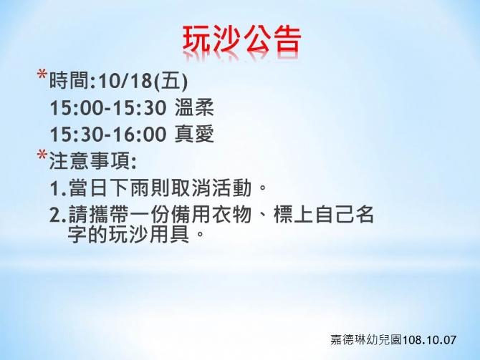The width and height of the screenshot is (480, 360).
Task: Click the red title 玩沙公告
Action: [x=242, y=39]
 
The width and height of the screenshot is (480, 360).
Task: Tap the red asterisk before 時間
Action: [x=42, y=75]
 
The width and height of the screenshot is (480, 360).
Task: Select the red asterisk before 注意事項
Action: [x=42, y=155]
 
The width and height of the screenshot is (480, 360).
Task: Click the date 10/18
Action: [x=125, y=81]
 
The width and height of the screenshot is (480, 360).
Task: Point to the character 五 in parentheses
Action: [x=170, y=80]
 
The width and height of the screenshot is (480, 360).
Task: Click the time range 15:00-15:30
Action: [x=108, y=108]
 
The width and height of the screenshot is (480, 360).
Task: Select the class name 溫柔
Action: [x=194, y=107]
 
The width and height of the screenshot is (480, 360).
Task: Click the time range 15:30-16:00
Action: [x=108, y=135]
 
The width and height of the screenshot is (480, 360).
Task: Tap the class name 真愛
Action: [x=194, y=135]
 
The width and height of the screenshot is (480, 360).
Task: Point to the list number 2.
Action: [x=56, y=215]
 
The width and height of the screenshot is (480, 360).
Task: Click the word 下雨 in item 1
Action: [x=130, y=188]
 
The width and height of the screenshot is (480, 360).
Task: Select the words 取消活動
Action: [x=211, y=188]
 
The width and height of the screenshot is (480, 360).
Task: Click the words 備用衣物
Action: [x=211, y=214]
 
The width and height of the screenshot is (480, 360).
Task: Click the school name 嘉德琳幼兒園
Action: [x=366, y=339]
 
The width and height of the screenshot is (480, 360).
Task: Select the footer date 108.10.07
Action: [x=429, y=340]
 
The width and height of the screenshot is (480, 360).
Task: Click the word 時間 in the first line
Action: [x=69, y=80]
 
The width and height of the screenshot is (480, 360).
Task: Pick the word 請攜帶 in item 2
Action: [x=99, y=214]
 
